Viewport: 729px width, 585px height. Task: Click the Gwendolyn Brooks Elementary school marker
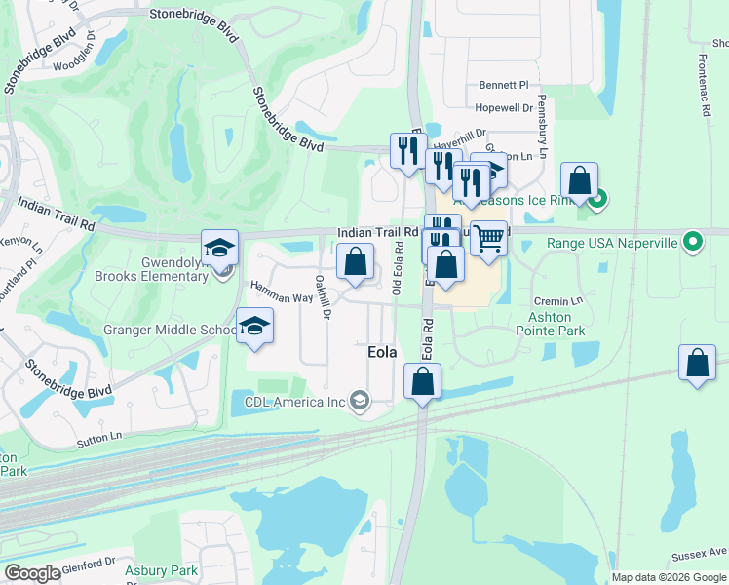point(220,247)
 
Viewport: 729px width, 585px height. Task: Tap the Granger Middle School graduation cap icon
point(255,326)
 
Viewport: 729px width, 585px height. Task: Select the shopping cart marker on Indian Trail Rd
point(489,237)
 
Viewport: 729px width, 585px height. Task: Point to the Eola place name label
point(381,353)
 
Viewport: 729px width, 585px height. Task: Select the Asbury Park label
point(161,570)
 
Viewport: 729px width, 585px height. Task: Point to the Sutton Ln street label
point(101,439)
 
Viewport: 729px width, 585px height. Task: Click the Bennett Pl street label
point(502,85)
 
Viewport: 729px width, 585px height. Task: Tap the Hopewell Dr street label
point(505,108)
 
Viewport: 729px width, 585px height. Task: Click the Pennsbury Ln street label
point(544,128)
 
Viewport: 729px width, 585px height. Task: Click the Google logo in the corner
point(32,573)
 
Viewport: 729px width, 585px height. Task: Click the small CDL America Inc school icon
point(361,400)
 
